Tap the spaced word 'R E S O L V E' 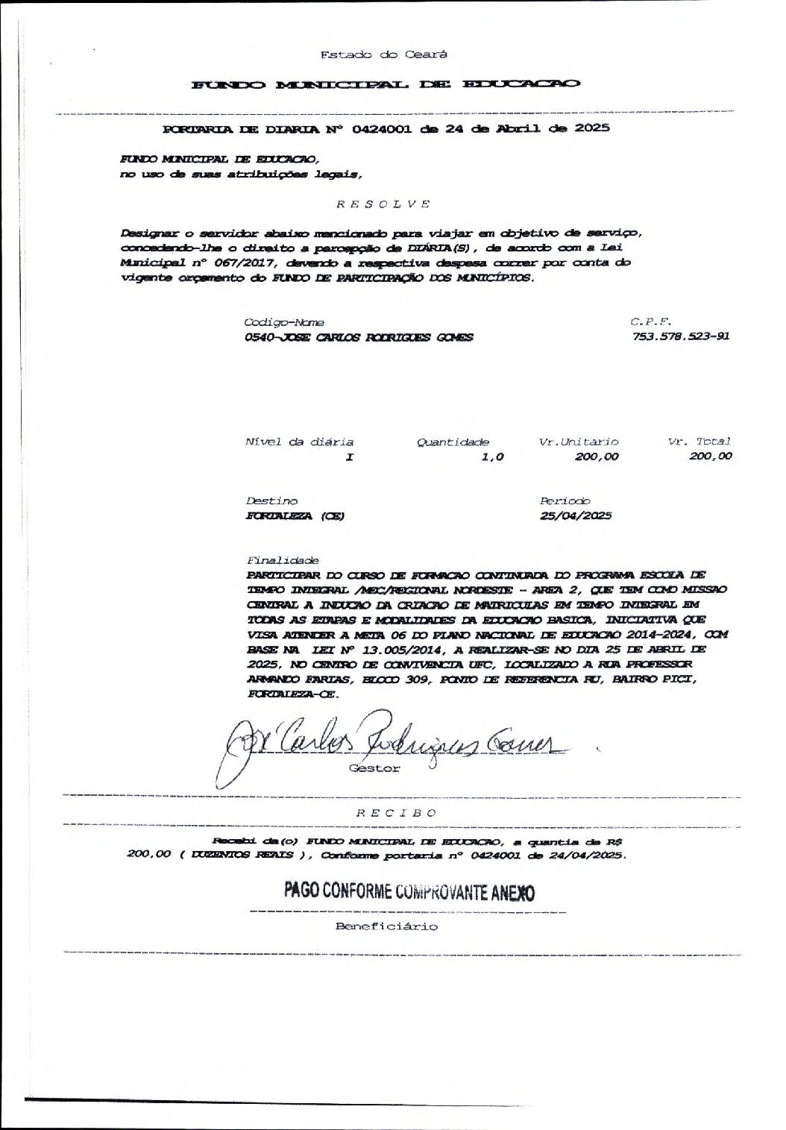click(x=383, y=204)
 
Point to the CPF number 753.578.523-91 click(x=680, y=336)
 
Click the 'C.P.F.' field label click(x=651, y=322)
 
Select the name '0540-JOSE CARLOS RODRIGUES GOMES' click(x=359, y=337)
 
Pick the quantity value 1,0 click(x=492, y=457)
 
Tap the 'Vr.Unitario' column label click(x=579, y=442)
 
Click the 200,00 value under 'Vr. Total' click(x=711, y=456)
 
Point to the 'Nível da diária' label click(x=299, y=442)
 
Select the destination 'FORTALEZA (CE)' click(x=295, y=516)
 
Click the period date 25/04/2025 click(x=576, y=516)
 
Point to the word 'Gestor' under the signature click(x=374, y=768)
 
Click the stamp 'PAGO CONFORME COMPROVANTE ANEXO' click(x=409, y=892)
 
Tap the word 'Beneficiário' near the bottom click(x=387, y=927)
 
